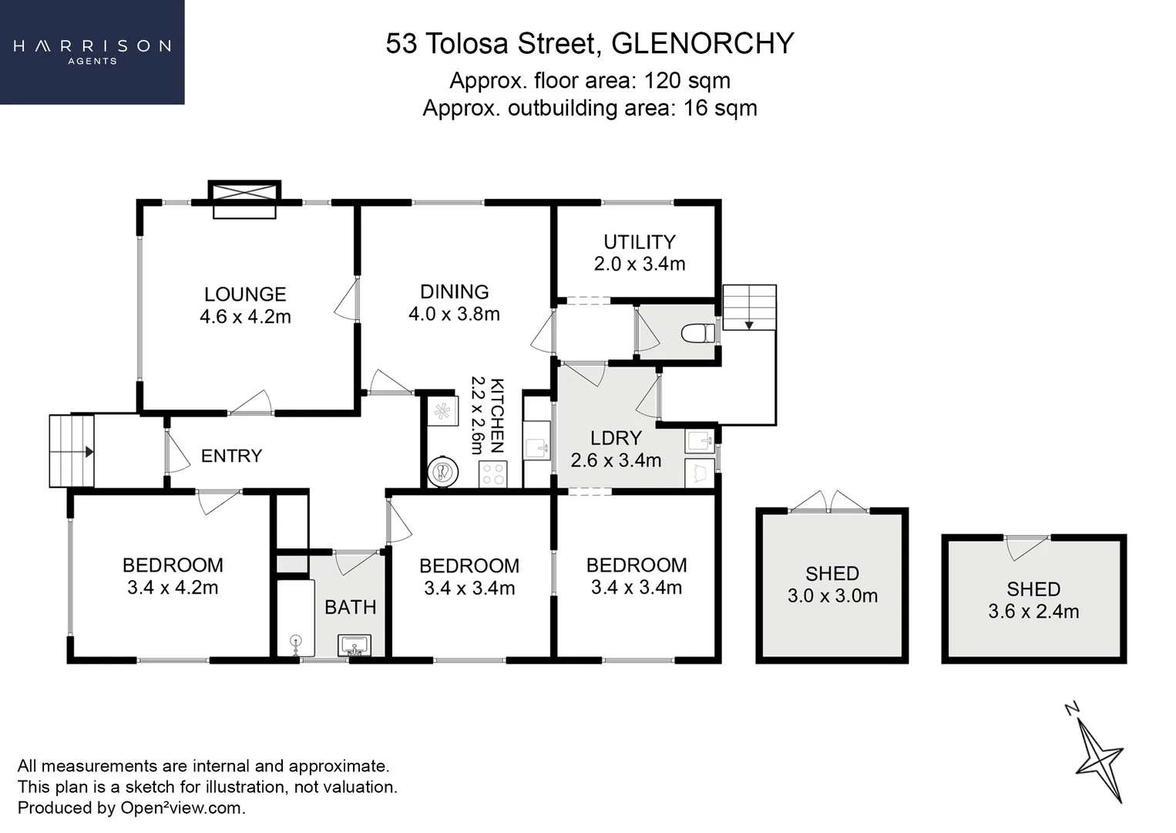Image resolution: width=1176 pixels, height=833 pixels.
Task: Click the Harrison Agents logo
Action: point(92,51)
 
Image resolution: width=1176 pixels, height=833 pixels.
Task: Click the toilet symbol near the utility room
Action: point(697,333)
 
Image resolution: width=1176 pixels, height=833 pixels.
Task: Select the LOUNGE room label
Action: point(245,294)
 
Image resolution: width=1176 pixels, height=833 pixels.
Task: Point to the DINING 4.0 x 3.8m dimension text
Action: point(454,314)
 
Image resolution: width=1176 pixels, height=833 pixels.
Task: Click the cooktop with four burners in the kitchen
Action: point(493,474)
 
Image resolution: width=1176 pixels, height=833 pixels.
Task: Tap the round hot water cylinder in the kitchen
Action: point(443,471)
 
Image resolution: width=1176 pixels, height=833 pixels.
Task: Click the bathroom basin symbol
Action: point(354,645)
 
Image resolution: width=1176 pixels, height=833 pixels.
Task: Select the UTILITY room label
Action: point(639,242)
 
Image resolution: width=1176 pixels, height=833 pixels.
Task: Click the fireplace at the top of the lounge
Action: point(244,199)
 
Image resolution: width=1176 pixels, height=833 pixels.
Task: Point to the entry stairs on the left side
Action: point(72,451)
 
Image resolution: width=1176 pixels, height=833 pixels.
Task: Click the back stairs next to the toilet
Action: point(749,307)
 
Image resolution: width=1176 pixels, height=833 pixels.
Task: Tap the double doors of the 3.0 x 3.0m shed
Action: point(829,503)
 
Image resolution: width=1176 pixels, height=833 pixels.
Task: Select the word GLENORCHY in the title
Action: point(702,43)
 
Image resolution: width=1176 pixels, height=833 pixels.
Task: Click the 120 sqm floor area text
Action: point(687,80)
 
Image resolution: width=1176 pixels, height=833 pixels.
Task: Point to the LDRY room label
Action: point(616,438)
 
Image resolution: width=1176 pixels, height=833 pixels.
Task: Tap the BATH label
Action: point(351,608)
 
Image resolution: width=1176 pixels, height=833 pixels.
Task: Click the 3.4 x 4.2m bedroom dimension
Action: point(173,588)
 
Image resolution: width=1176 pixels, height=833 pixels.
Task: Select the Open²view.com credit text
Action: point(183,808)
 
